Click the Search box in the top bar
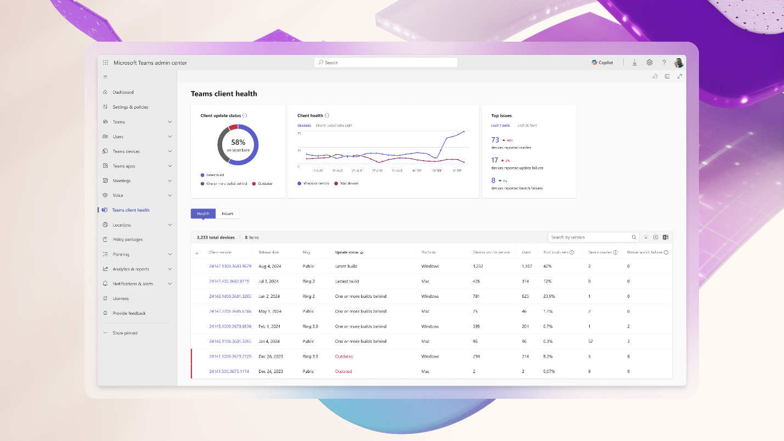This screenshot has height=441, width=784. [386, 63]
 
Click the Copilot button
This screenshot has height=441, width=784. [602, 63]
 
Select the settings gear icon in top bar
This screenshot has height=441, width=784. [650, 63]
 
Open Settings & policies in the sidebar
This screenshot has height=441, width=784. [130, 107]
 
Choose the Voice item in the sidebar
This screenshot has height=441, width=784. [118, 195]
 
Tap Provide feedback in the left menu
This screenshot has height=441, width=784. [129, 313]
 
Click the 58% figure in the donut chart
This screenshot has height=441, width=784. [238, 142]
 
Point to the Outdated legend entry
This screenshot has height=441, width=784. [264, 183]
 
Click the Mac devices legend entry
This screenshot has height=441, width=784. [349, 183]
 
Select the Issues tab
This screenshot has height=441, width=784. [227, 213]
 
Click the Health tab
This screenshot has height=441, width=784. [203, 213]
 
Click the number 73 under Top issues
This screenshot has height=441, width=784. [495, 140]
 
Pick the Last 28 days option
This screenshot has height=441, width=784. [527, 126]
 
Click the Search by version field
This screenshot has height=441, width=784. [590, 238]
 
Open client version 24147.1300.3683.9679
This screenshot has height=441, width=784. [230, 266]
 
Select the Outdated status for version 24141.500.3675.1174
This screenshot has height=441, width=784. [343, 371]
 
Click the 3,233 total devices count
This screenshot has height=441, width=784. [216, 238]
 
